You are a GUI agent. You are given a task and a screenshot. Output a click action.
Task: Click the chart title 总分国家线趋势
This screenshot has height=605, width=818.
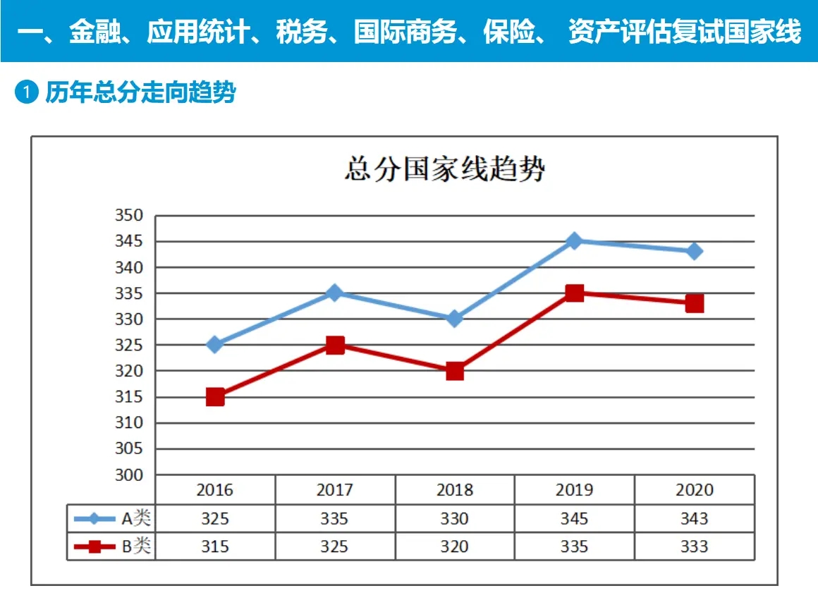click(444, 170)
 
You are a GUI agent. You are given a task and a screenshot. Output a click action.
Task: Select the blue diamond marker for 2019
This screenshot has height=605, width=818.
click(575, 241)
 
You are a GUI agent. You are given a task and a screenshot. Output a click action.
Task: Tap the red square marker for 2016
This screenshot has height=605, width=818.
click(215, 397)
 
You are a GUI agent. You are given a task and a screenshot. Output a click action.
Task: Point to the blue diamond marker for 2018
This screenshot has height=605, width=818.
click(455, 319)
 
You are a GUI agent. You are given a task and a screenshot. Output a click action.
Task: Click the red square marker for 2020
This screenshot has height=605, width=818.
click(695, 303)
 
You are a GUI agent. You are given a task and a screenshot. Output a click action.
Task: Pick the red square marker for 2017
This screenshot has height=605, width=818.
click(335, 345)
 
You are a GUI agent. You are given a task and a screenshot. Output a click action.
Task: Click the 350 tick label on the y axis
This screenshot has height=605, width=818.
click(129, 216)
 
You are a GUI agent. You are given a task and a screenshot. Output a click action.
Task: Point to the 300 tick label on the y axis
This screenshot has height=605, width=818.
click(129, 475)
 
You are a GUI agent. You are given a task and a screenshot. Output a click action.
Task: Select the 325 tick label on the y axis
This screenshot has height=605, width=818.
click(129, 345)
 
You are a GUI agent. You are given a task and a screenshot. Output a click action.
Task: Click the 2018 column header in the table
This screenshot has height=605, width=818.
click(455, 489)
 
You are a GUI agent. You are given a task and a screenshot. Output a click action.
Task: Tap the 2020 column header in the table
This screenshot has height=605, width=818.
click(695, 489)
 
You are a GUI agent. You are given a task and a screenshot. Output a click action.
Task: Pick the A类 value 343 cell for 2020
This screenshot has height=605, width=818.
click(695, 519)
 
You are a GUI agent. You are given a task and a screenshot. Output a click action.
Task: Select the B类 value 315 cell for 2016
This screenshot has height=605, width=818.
click(215, 546)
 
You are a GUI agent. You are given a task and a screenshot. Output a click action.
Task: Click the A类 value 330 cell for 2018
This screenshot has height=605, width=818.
click(455, 519)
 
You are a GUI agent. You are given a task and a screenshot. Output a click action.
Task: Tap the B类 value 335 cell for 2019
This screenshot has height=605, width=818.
click(575, 546)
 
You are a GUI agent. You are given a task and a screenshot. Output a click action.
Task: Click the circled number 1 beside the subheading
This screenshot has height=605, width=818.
click(26, 92)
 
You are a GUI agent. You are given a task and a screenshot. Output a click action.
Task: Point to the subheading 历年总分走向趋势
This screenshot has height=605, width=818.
click(140, 92)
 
